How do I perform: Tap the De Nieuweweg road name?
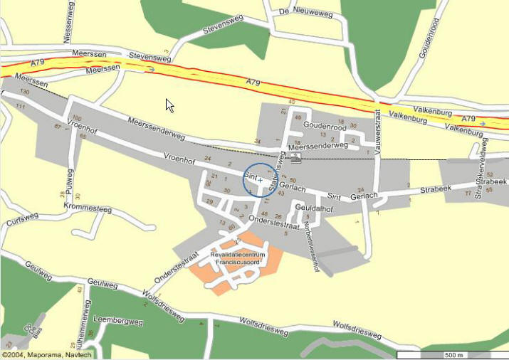click(305, 11)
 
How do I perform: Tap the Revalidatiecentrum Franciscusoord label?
click(237, 258)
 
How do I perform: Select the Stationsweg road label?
click(276, 172)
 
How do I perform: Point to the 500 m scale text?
click(453, 355)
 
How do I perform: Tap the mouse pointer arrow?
click(169, 105)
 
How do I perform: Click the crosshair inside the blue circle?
click(260, 181)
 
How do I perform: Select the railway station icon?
click(296, 158)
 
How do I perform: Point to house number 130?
click(25, 92)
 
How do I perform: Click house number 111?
click(20, 107)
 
